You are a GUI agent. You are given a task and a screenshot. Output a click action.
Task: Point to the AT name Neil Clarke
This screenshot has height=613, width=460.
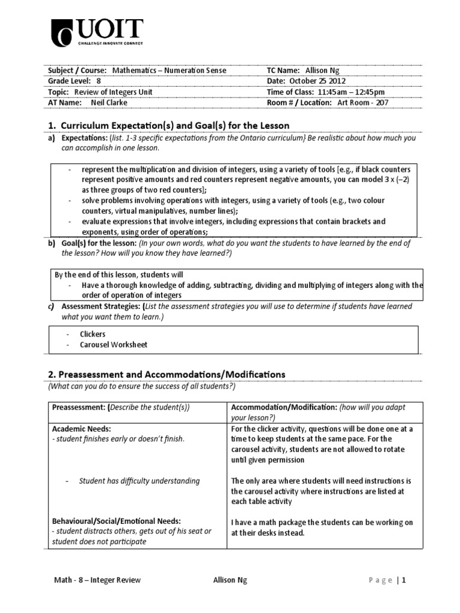tap(109, 102)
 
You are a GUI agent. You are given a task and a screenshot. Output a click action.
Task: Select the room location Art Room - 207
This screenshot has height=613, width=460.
tap(363, 102)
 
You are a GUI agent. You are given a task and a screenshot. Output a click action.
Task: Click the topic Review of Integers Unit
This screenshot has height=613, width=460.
tap(113, 92)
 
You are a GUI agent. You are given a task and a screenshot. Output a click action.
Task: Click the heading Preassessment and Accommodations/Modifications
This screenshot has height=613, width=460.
tap(172, 374)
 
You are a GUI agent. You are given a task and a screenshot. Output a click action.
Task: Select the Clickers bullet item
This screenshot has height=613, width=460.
tap(92, 334)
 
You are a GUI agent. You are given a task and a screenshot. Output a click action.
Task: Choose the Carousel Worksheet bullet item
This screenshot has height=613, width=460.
tap(113, 344)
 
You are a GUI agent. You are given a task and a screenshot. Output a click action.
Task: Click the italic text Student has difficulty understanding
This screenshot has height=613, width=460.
tap(140, 481)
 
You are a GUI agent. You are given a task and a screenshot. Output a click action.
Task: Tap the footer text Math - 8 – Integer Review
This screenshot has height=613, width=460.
tap(95, 580)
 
